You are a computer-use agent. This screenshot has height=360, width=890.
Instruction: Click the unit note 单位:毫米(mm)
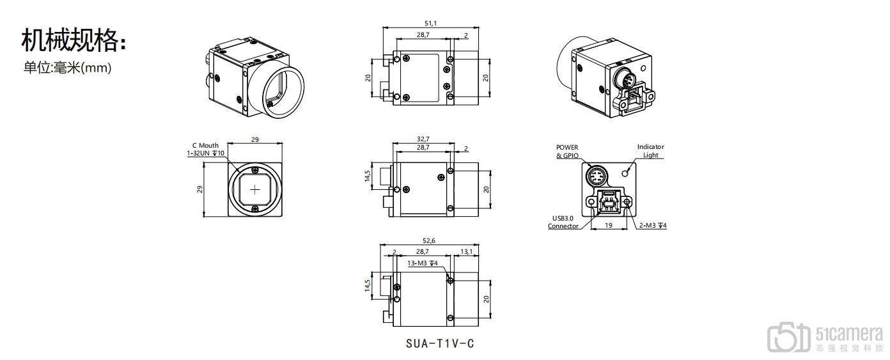[68, 68]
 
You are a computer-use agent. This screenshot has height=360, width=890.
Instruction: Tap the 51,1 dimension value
[430, 24]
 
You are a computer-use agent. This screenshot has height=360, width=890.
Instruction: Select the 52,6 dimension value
[429, 240]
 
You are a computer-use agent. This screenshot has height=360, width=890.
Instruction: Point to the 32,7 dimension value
[423, 139]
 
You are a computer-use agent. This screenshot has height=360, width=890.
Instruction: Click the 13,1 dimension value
[466, 251]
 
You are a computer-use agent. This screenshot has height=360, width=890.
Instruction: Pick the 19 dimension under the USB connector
[608, 225]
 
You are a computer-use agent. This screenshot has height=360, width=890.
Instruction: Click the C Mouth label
[205, 145]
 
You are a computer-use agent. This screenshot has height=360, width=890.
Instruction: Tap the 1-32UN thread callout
[205, 153]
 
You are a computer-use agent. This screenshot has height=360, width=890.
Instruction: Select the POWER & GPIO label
[567, 152]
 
